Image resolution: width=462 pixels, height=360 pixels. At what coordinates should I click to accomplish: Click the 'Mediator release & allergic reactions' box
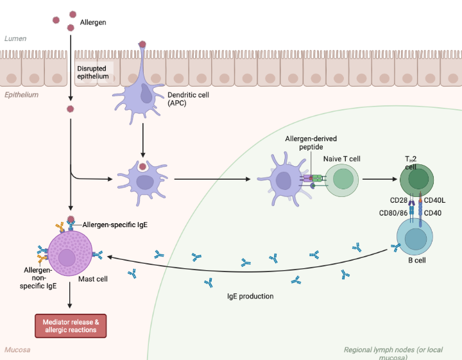pyautogui.click(x=69, y=325)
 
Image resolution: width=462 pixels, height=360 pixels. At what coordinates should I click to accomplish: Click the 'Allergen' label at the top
pyautogui.click(x=93, y=22)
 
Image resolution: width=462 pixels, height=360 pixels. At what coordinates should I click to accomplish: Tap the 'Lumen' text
pyautogui.click(x=15, y=39)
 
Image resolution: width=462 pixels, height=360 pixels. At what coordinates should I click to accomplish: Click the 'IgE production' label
pyautogui.click(x=250, y=296)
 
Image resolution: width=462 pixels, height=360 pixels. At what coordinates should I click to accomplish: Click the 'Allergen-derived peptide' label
pyautogui.click(x=311, y=142)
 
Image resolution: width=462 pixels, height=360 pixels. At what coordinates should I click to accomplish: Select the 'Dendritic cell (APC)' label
pyautogui.click(x=186, y=99)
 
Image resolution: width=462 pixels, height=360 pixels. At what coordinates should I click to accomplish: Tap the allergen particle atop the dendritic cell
pyautogui.click(x=142, y=45)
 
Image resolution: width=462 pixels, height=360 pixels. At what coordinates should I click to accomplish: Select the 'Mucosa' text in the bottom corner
pyautogui.click(x=17, y=350)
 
